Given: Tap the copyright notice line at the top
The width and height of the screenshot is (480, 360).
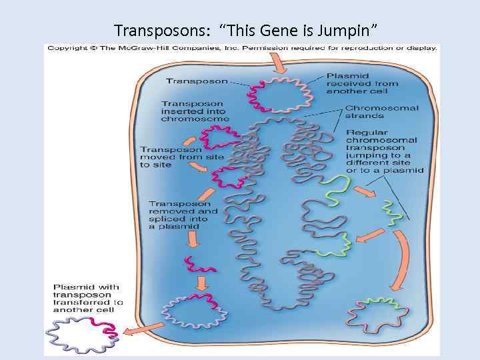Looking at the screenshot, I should click(x=241, y=48).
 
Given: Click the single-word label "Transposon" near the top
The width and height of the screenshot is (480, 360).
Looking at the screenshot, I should click(x=197, y=81).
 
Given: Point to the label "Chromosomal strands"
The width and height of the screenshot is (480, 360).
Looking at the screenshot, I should click(x=381, y=112).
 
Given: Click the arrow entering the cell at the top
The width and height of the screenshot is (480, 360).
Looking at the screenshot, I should click(x=281, y=63).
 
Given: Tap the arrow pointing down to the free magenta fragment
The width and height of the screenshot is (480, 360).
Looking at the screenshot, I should click(x=191, y=243).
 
